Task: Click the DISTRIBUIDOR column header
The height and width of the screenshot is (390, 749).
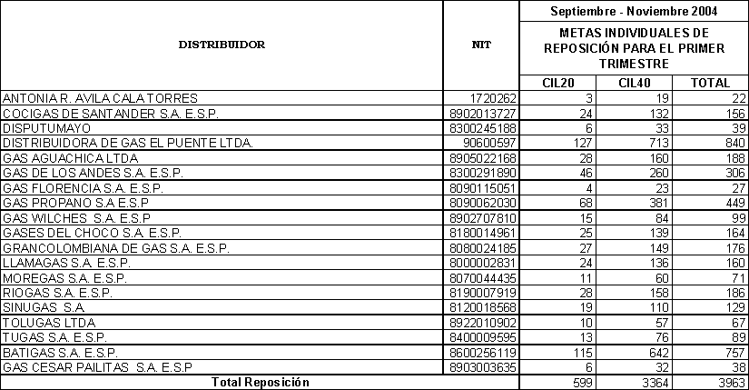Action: (x=222, y=44)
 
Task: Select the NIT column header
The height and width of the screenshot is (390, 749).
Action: (x=481, y=44)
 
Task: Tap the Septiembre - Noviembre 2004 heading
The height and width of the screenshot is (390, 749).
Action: (x=634, y=12)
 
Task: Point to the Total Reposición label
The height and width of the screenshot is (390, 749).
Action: (x=261, y=383)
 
